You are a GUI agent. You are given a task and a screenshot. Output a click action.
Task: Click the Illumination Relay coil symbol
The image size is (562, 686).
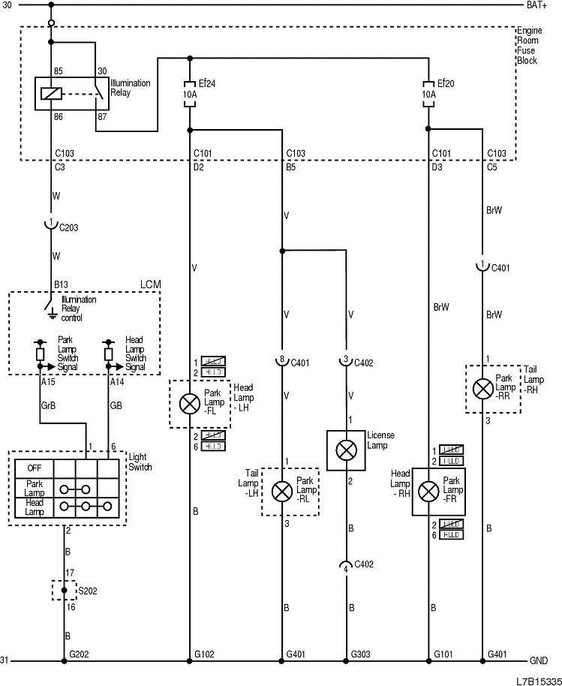pos(51,94)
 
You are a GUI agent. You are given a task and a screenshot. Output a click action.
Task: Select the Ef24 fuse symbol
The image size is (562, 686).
pos(189,95)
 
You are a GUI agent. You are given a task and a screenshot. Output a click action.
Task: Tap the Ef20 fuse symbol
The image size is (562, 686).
pos(428,95)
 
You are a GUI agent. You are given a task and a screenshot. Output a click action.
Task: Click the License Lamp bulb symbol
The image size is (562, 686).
pos(346,450)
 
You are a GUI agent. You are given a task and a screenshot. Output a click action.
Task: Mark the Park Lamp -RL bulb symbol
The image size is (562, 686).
pos(281,492)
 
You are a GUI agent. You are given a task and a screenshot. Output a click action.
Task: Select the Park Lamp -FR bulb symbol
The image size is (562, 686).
pos(428,492)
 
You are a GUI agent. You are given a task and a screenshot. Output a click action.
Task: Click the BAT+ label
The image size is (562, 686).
pos(536,5)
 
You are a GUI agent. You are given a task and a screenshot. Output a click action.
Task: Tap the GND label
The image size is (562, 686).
pos(538,661)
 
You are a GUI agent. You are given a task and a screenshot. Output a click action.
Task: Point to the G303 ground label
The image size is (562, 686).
pos(361,654)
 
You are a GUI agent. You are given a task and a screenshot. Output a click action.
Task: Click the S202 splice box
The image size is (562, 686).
pos(64,590)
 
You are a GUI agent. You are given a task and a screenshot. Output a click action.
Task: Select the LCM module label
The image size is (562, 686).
pos(150,285)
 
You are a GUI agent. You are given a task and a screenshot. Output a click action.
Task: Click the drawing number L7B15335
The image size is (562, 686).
pos(536,679)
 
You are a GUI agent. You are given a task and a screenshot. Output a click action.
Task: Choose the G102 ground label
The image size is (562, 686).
pos(204,654)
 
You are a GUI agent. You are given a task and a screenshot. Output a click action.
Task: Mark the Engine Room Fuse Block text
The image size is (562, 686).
pos(527,45)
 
